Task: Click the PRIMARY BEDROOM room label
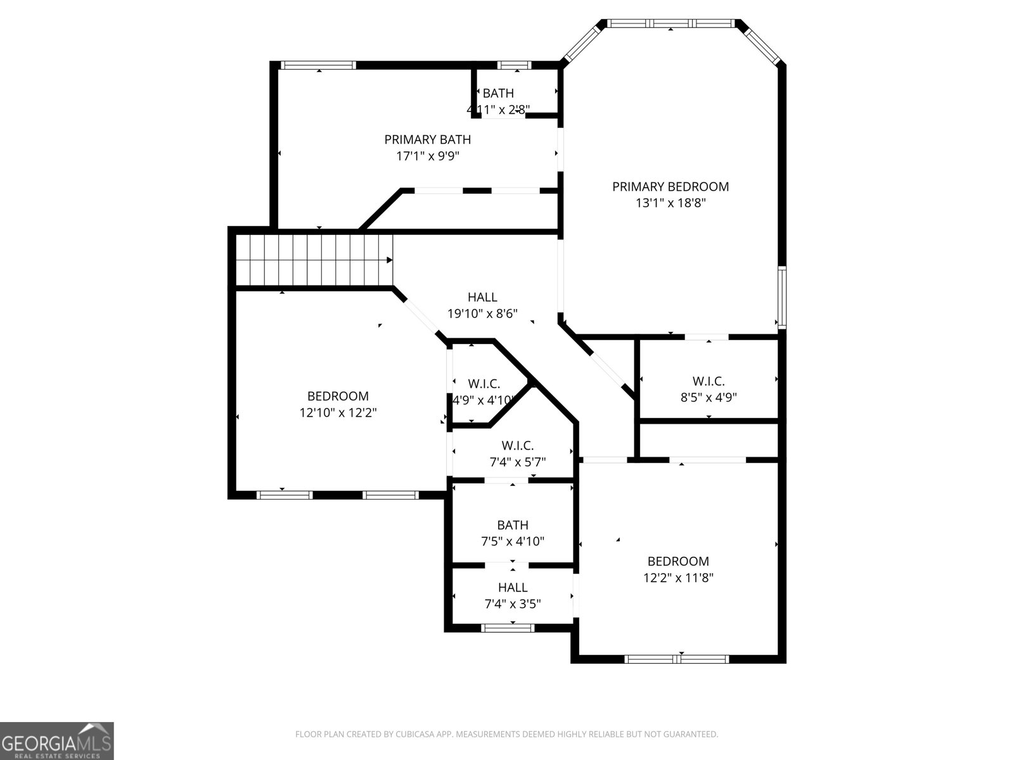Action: pos(670,187)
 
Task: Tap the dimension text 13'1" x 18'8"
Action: pos(670,203)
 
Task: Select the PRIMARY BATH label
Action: pos(427,139)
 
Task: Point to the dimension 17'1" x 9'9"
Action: pos(427,156)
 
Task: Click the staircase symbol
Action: pos(314,260)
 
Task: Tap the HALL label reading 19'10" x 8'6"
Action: pos(482,297)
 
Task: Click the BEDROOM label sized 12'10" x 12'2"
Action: pos(338,396)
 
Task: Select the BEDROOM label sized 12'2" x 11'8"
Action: pos(677,561)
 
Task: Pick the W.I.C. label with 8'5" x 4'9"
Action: pos(708,381)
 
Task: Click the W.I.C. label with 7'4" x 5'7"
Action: pos(517,446)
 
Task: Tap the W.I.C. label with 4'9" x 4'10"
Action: pos(484,384)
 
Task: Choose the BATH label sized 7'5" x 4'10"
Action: pos(512,525)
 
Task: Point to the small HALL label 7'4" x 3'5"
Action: pos(512,588)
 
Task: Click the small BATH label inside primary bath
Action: pos(498,94)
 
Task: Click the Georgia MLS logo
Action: pos(56,741)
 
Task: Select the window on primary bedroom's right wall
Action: pos(782,297)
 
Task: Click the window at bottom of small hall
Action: pos(508,628)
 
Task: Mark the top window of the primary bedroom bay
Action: pos(671,23)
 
